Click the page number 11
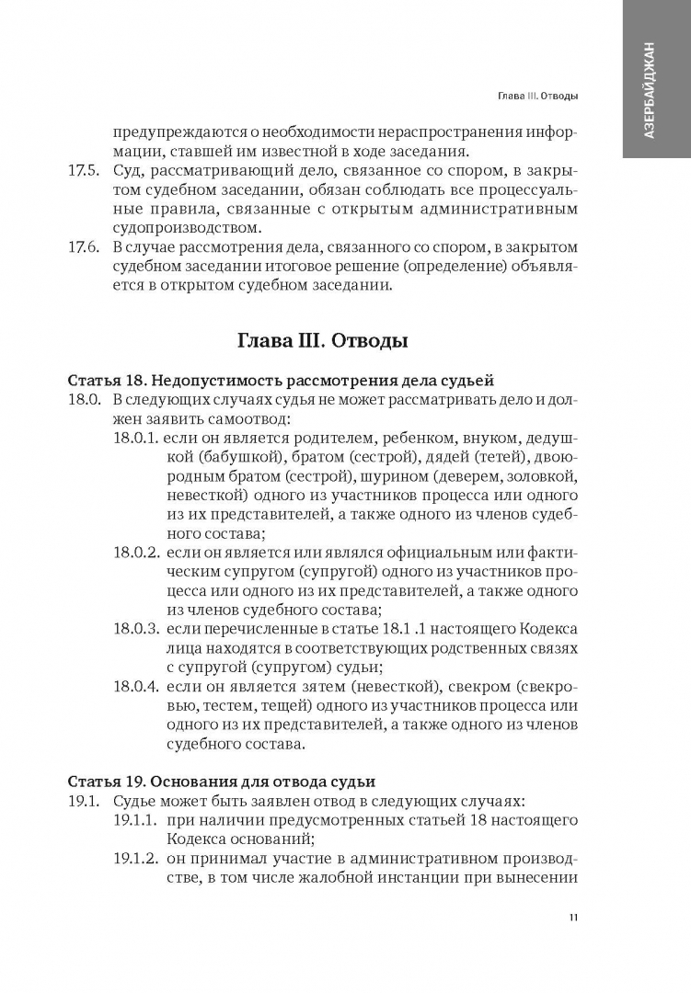[x=573, y=918]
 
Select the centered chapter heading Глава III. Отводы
[x=323, y=342]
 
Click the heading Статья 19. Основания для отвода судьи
[x=222, y=782]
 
